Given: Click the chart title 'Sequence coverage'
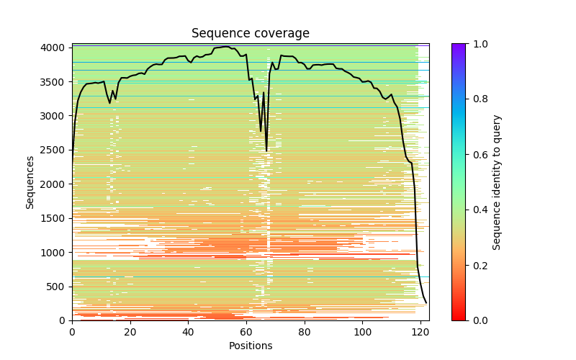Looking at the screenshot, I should [x=251, y=34].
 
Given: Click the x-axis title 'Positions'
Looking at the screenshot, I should [x=251, y=346].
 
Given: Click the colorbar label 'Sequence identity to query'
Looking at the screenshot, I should [x=498, y=182].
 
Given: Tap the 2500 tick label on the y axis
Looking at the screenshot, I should [x=56, y=150].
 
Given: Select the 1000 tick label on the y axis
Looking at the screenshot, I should [x=56, y=252].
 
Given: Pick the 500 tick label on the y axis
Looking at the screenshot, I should [x=59, y=287].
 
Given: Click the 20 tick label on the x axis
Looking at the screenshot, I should [x=130, y=333].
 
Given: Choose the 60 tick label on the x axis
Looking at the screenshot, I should [x=246, y=333].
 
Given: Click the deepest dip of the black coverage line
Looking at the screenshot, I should [x=266, y=150].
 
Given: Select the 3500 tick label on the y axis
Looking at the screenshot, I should [x=56, y=82].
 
